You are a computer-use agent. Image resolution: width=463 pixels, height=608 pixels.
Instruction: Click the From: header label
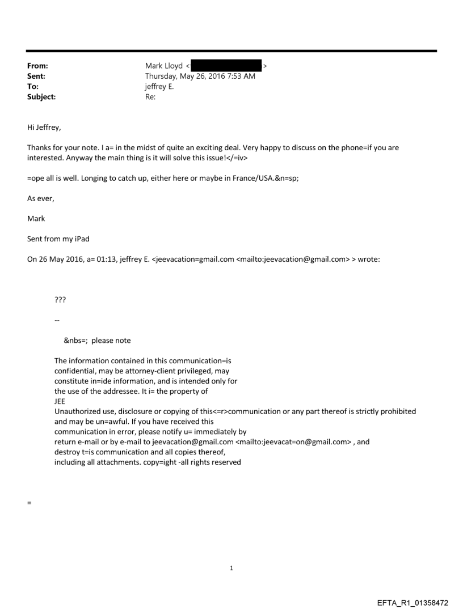(37, 66)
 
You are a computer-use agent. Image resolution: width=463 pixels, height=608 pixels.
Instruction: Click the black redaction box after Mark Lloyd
(226, 66)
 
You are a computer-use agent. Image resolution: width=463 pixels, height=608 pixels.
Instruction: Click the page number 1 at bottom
(231, 568)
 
